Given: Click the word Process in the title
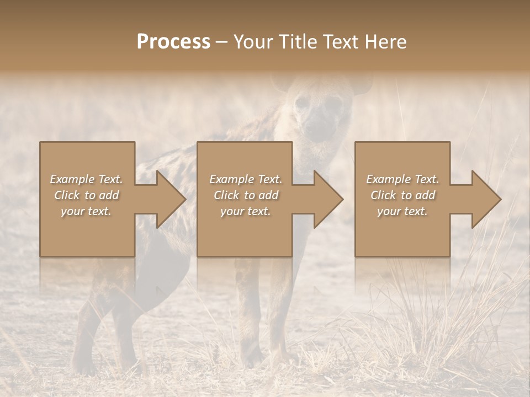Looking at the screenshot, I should click(173, 41).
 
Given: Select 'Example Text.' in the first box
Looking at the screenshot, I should click(86, 179).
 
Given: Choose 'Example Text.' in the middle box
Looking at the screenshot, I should click(246, 179).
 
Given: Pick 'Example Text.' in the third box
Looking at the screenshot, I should click(402, 179).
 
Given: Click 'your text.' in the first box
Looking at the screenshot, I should click(86, 211).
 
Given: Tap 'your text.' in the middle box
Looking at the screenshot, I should click(246, 211).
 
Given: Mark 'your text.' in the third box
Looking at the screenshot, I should click(402, 211).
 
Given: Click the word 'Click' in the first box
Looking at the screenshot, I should click(67, 195).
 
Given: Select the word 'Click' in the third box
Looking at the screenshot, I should click(384, 195).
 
